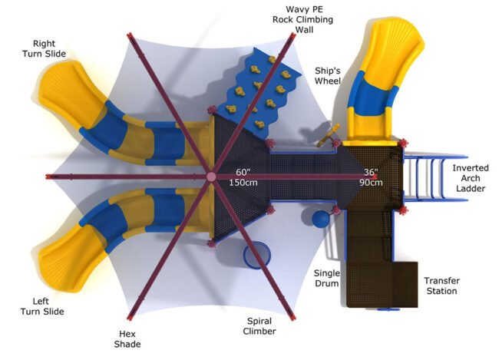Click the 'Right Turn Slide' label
(48, 48)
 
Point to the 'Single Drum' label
(328, 279)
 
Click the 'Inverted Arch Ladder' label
(470, 178)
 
